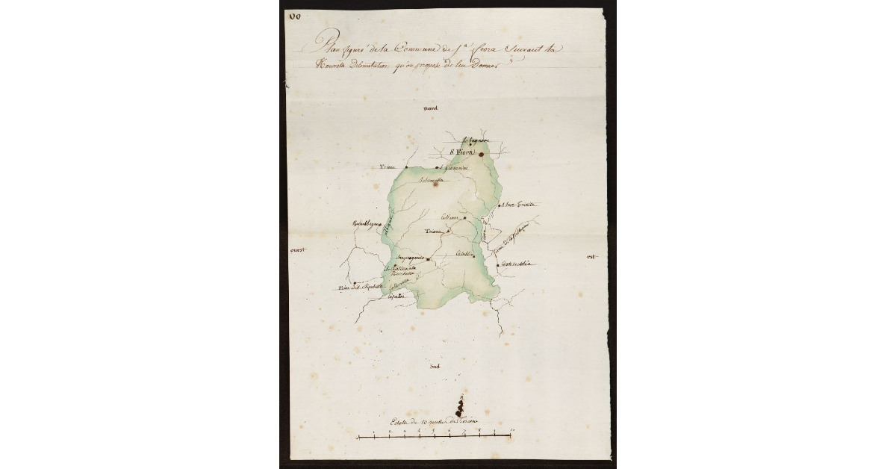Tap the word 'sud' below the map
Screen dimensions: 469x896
click(x=436, y=366)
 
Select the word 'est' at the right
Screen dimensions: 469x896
click(x=592, y=257)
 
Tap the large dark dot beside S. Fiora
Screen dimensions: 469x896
click(x=482, y=155)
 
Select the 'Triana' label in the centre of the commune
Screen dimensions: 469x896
click(x=434, y=232)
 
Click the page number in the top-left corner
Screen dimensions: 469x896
click(x=295, y=17)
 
